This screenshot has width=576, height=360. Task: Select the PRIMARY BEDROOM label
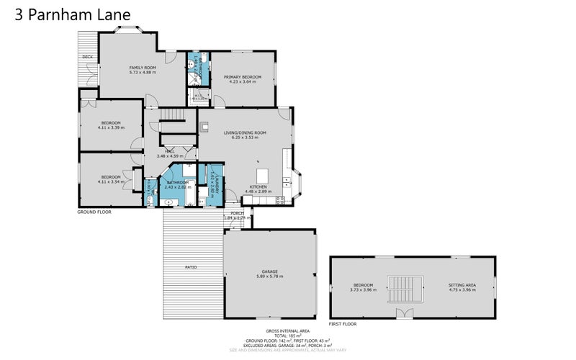(242, 76)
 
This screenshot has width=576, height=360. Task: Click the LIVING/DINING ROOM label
(245, 132)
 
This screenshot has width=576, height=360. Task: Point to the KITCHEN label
(258, 186)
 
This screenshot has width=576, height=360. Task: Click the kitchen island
(261, 176)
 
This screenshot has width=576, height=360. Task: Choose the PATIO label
(191, 267)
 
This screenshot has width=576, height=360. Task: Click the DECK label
(87, 56)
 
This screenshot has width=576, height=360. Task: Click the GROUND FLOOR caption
(94, 212)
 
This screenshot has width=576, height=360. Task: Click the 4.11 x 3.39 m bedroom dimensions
(111, 127)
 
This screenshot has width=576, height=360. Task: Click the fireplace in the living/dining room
(203, 123)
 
